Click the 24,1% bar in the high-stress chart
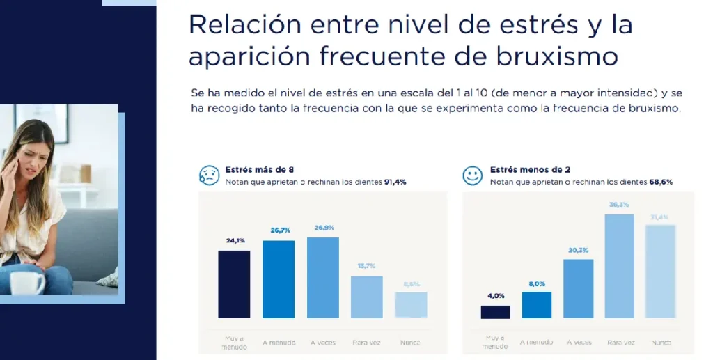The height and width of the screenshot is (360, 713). click(x=234, y=284)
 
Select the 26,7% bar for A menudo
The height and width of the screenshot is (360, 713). click(x=279, y=279)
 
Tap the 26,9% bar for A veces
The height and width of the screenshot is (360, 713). click(x=322, y=278)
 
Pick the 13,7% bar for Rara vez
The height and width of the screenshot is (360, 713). click(x=366, y=297)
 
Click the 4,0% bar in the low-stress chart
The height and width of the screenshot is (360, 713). click(x=495, y=312)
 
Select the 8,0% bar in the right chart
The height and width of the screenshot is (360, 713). click(x=537, y=305)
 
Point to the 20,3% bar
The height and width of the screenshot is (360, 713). click(x=578, y=289)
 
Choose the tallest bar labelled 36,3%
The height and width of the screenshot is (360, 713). click(x=619, y=266)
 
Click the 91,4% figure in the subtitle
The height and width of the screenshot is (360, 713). click(x=395, y=182)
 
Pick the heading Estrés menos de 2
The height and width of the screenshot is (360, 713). click(x=522, y=169)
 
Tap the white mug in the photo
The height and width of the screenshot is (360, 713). click(x=27, y=283)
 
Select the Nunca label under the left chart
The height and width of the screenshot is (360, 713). click(x=410, y=342)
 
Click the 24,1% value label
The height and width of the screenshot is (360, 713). click(x=234, y=241)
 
